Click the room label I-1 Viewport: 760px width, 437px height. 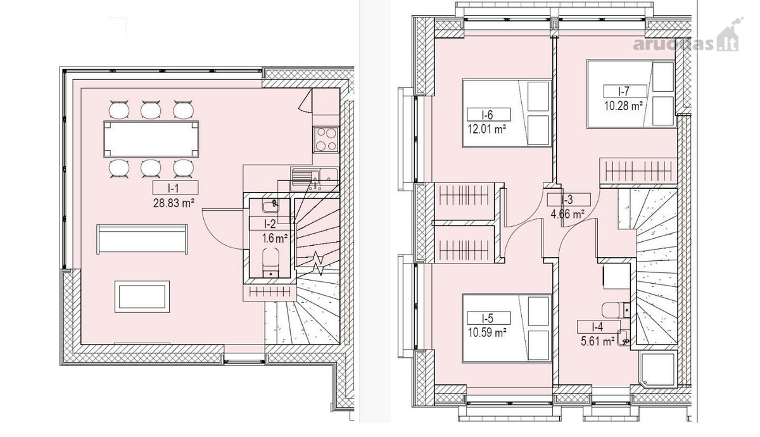click(x=175, y=187)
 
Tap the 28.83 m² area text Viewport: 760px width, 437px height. click(x=174, y=203)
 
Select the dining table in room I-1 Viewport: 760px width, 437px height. click(x=151, y=139)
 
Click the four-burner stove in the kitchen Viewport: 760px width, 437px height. click(x=326, y=139)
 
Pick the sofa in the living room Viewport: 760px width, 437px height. click(x=142, y=239)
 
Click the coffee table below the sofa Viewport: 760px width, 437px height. click(x=142, y=296)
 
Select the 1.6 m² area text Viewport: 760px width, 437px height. click(x=275, y=238)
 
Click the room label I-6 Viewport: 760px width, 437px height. click(x=488, y=115)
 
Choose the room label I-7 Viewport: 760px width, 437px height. click(x=625, y=91)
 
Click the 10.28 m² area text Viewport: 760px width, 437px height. click(x=624, y=106)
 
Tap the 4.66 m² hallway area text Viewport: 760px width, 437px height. click(x=567, y=215)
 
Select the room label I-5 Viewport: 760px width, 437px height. click(x=488, y=318)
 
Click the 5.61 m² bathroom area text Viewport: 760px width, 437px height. click(x=597, y=341)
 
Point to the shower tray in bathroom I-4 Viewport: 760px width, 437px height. click(x=657, y=369)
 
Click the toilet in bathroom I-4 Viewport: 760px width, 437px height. click(x=616, y=309)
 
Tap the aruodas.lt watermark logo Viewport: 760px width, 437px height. click(x=688, y=39)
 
